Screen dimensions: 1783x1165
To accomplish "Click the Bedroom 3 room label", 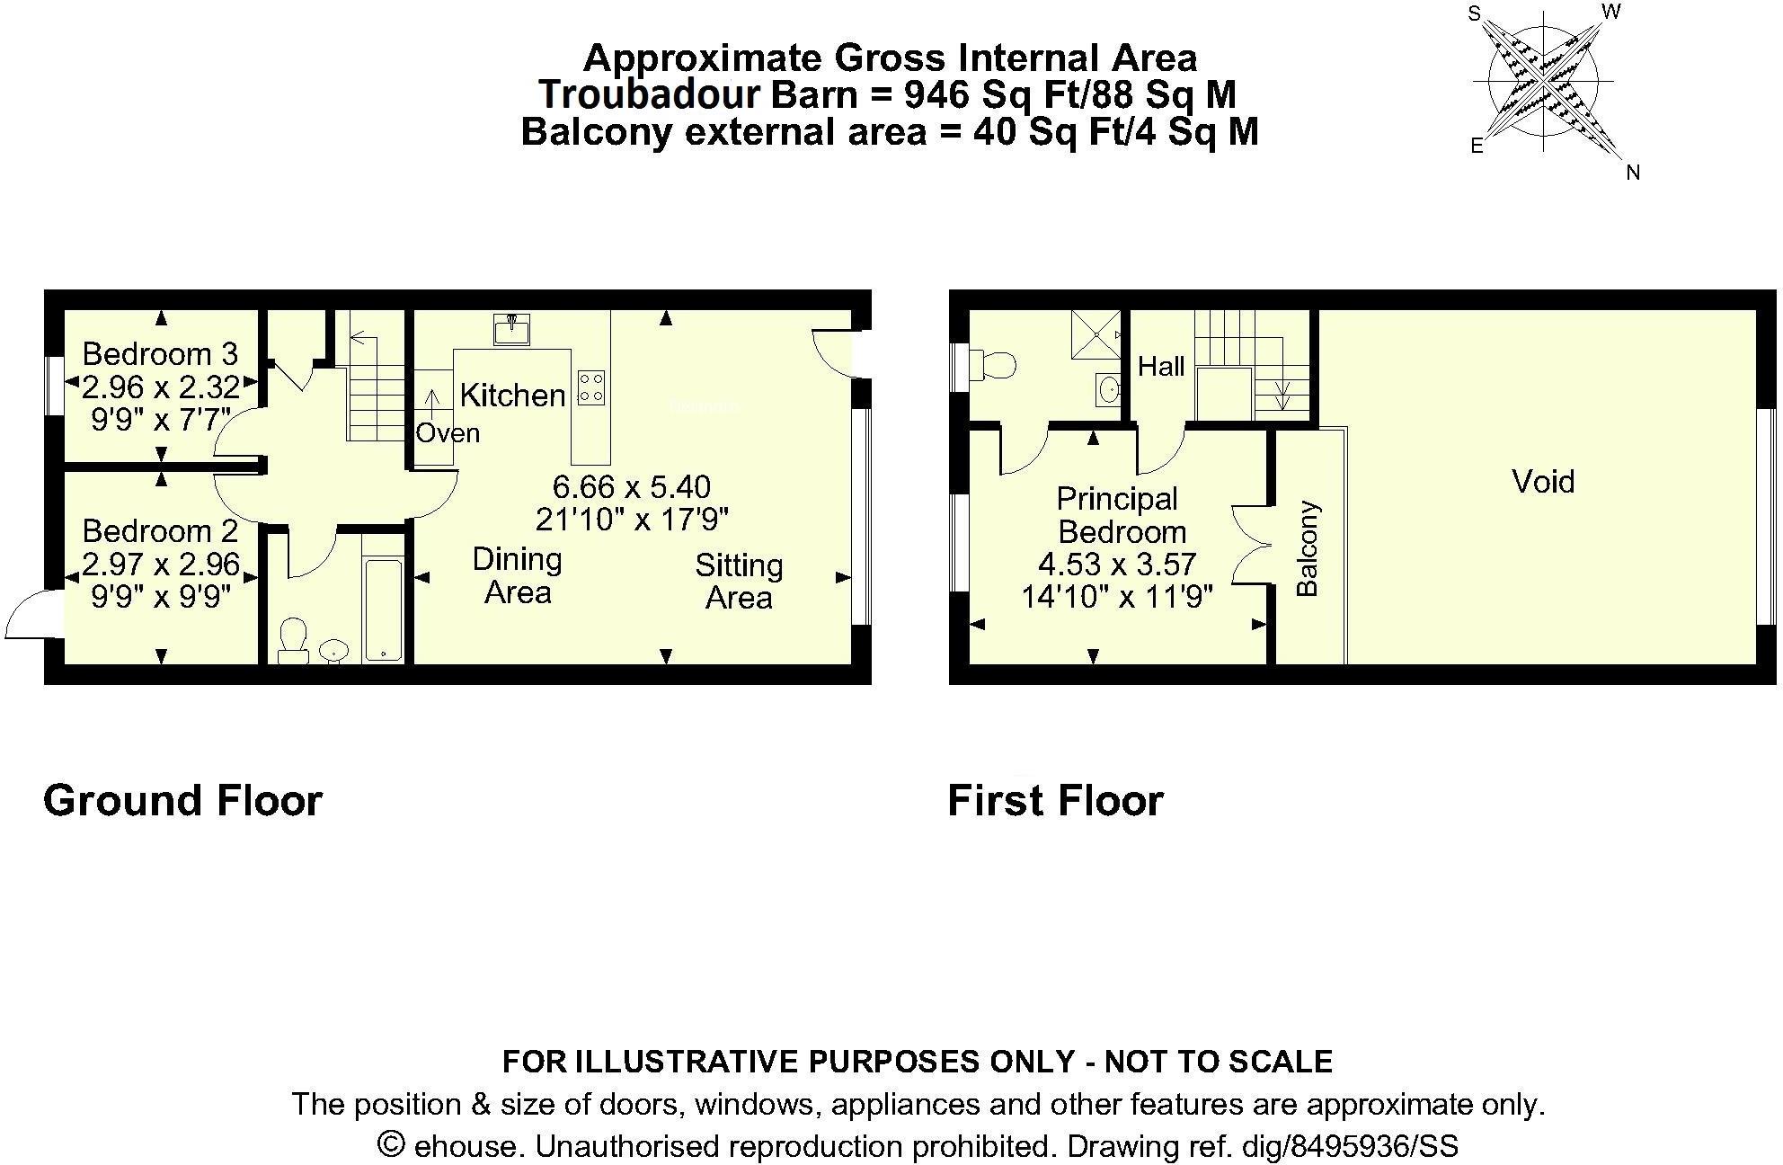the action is pyautogui.click(x=161, y=354).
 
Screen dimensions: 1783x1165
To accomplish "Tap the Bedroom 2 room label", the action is pyautogui.click(x=161, y=531).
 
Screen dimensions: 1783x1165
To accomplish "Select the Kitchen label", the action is pyautogui.click(x=513, y=395).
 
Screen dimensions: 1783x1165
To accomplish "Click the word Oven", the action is pyautogui.click(x=448, y=433).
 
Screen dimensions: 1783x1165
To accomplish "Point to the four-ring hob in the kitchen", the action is pyautogui.click(x=591, y=387).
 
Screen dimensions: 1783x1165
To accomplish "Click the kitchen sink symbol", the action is pyautogui.click(x=511, y=329).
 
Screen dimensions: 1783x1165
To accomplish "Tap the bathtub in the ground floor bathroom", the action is pyautogui.click(x=384, y=609).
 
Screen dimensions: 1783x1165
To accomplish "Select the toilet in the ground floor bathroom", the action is pyautogui.click(x=293, y=640).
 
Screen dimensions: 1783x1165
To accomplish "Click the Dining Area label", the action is pyautogui.click(x=518, y=575).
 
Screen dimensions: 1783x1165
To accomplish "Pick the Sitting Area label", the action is pyautogui.click(x=739, y=582).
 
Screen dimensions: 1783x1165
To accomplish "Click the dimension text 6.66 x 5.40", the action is pyautogui.click(x=632, y=487).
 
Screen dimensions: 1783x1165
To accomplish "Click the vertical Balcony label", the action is pyautogui.click(x=1307, y=549).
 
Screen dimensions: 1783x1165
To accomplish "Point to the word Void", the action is pyautogui.click(x=1543, y=482).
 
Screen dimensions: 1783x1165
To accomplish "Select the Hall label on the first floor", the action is pyautogui.click(x=1161, y=366).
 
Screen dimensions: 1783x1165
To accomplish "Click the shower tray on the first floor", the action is pyautogui.click(x=1096, y=334).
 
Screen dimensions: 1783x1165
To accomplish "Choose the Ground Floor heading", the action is pyautogui.click(x=182, y=800).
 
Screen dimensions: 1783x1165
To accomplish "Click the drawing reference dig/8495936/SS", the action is pyautogui.click(x=1350, y=1146).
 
